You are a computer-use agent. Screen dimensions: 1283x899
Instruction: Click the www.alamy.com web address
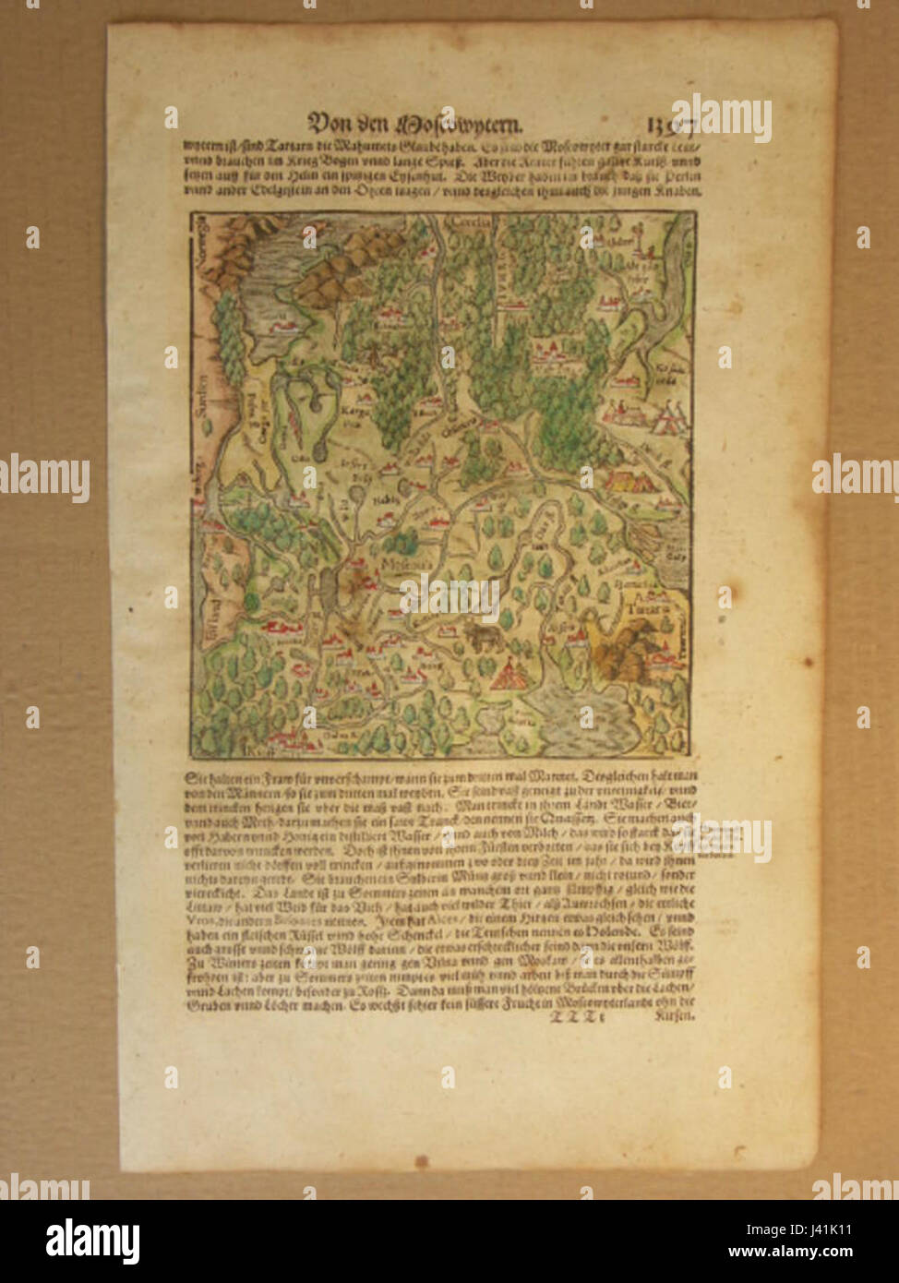pyautogui.click(x=788, y=1252)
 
